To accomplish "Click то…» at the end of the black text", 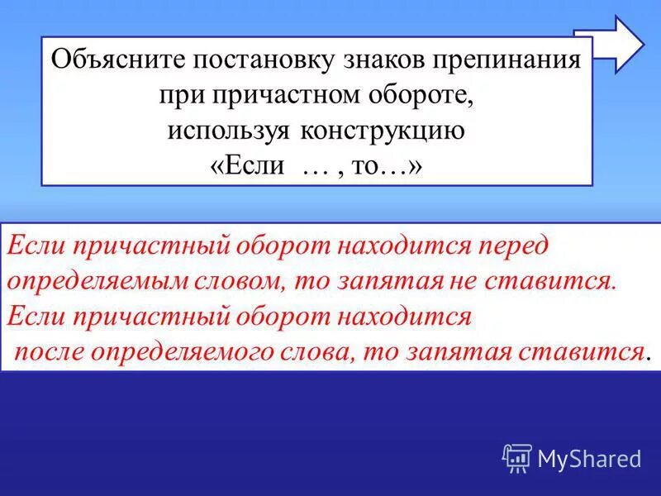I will (390, 165).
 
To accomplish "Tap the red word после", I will (53, 351).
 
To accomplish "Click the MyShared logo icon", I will (517, 458).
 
